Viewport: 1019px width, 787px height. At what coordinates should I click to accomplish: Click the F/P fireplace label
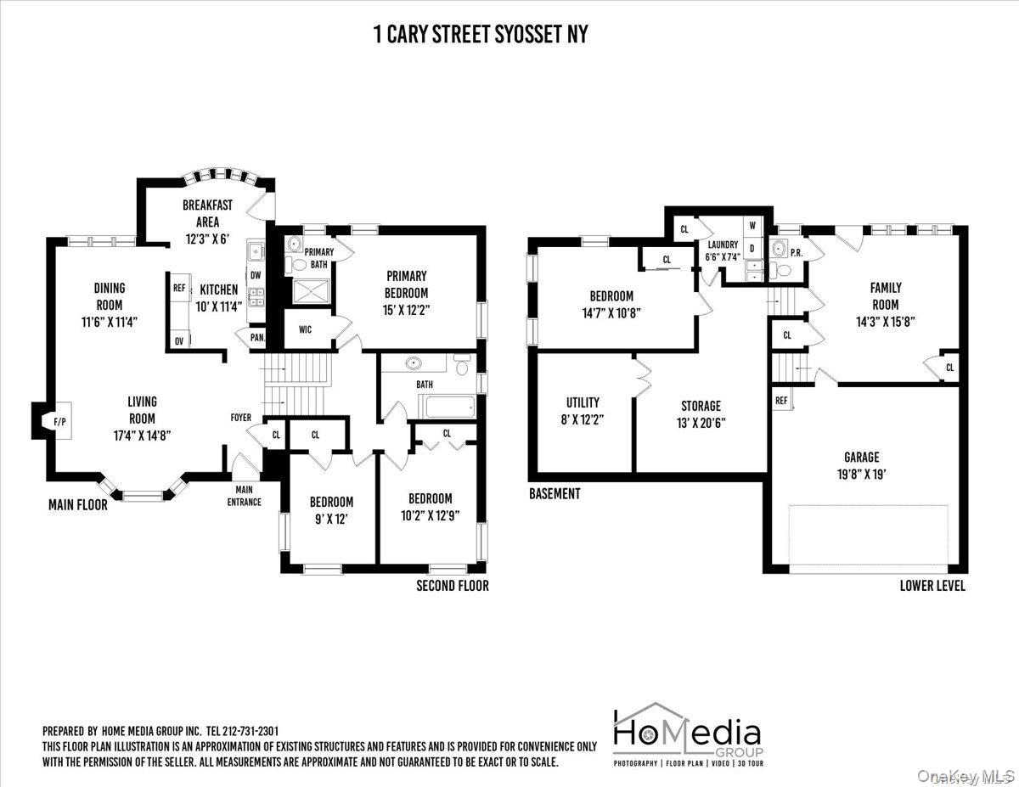tap(59, 422)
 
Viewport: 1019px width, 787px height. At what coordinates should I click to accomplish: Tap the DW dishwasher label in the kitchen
tap(256, 275)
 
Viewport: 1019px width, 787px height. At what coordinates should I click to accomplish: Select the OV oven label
tap(179, 341)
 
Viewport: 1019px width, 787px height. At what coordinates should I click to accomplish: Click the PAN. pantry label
tap(257, 337)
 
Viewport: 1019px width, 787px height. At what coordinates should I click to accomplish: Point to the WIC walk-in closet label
tap(306, 329)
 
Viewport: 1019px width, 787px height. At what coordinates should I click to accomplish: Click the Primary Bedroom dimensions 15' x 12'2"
tap(407, 310)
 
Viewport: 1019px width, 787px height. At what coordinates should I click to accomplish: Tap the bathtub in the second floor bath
tap(450, 407)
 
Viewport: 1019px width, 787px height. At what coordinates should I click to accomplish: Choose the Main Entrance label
tap(245, 496)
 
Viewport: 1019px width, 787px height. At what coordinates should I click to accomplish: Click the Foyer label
tap(241, 417)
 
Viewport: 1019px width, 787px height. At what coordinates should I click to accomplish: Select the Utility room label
tap(583, 402)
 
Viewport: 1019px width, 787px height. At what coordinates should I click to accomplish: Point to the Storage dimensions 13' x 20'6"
tap(701, 424)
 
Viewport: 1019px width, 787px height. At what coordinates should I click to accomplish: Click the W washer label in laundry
tap(752, 226)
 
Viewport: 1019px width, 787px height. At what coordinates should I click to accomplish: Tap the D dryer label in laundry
tap(752, 249)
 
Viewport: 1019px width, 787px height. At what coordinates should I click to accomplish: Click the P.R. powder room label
tap(797, 253)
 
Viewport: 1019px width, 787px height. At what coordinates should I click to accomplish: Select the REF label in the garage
tap(781, 401)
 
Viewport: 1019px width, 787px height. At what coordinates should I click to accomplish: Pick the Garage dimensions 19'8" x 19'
tap(862, 475)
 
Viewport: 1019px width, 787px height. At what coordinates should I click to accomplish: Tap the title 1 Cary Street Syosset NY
tap(481, 34)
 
